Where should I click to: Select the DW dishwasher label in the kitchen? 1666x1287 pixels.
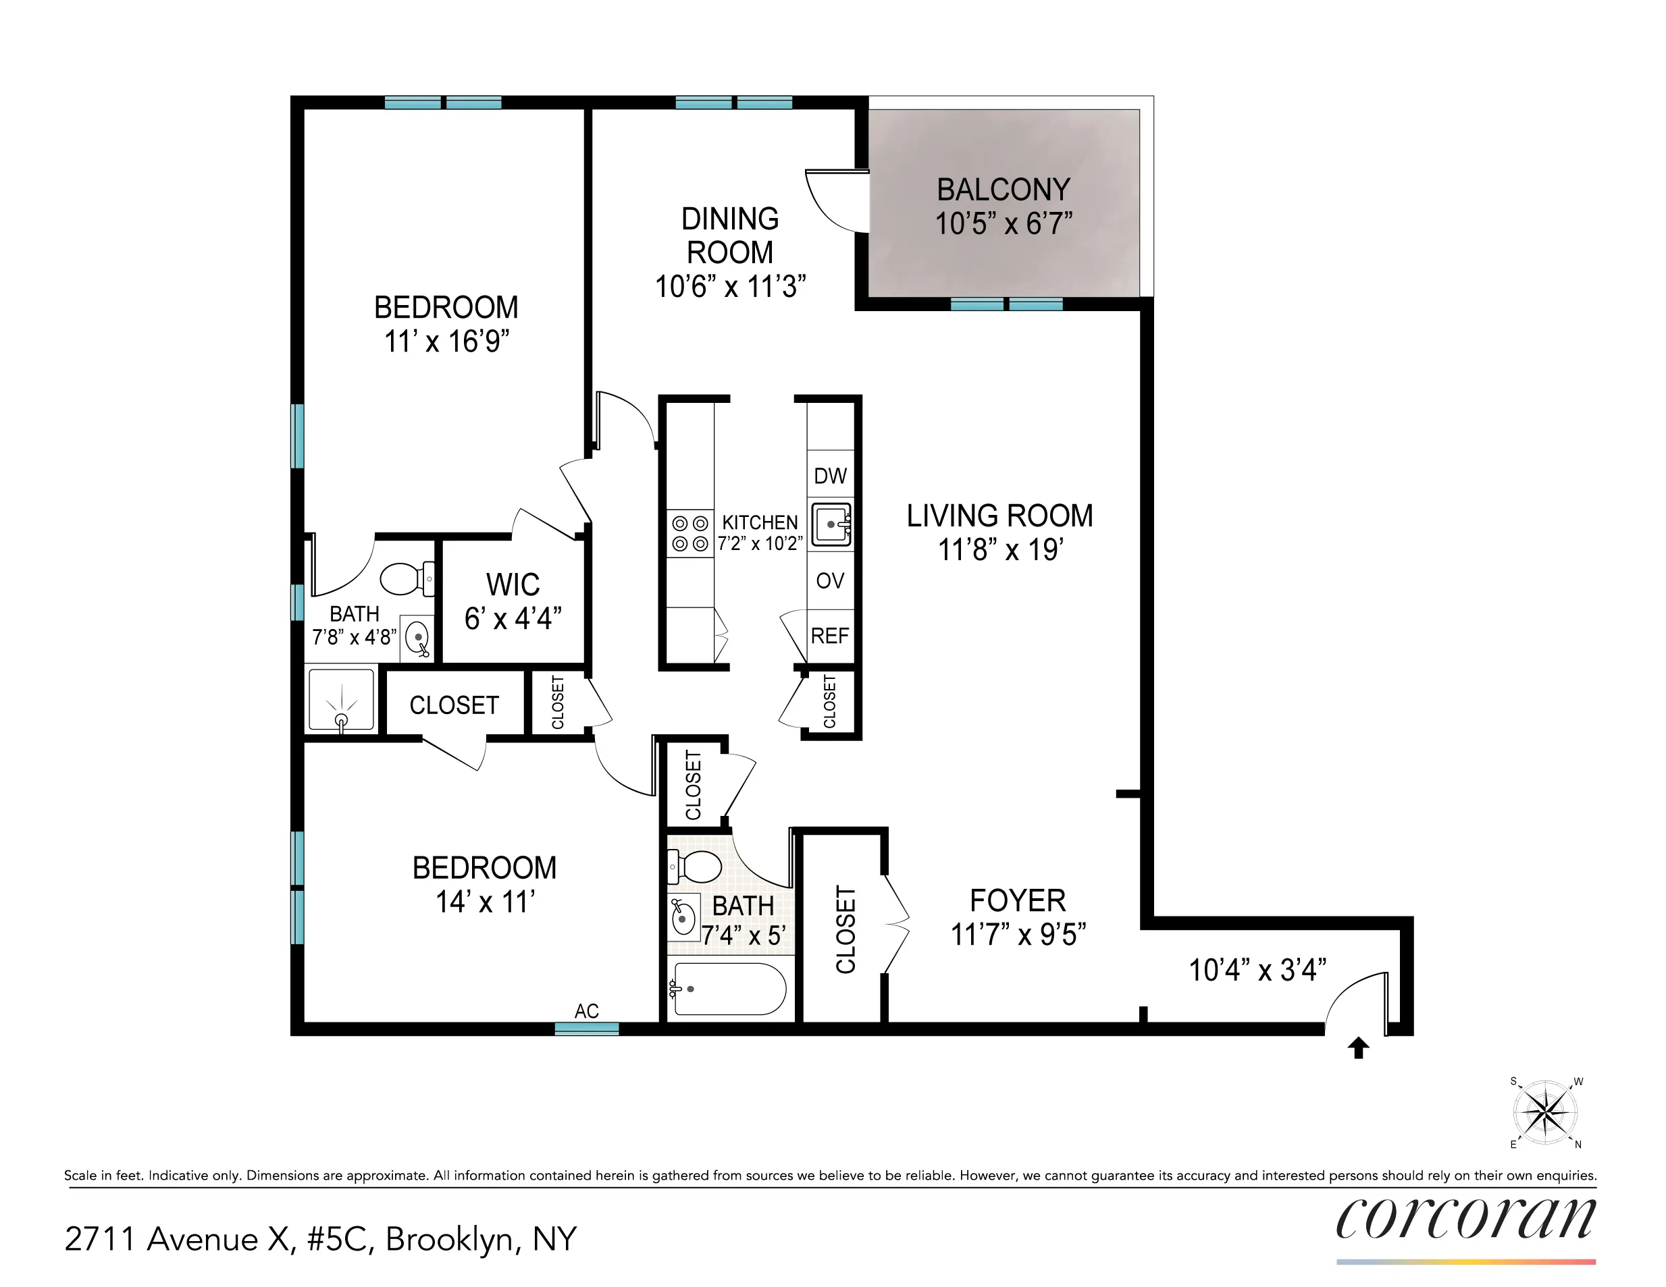pos(830,476)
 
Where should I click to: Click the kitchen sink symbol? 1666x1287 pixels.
pos(831,524)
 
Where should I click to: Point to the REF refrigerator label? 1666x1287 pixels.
pos(830,636)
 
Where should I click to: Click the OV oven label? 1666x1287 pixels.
pos(830,581)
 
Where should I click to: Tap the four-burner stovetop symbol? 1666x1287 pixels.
pos(689,534)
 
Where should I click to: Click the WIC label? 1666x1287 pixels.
pos(513,585)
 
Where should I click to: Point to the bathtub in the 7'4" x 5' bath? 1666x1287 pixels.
pos(728,989)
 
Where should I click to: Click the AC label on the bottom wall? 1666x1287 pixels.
pos(586,1011)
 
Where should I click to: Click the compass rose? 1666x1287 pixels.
pos(1544,1112)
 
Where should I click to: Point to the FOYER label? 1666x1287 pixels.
pos(1018,901)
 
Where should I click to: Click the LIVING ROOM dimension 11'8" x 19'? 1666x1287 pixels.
pos(999,550)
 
